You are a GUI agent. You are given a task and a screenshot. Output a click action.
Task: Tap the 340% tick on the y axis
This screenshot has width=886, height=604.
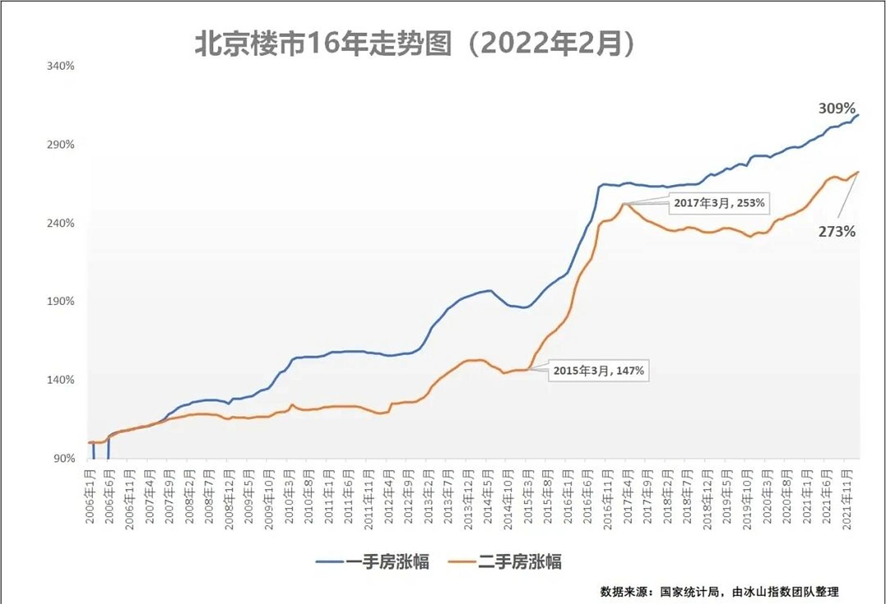[x=60, y=66]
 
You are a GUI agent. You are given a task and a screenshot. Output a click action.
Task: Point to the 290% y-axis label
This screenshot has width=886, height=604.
[x=60, y=144]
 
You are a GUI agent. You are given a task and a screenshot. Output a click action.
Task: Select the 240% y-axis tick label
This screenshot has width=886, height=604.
[x=60, y=223]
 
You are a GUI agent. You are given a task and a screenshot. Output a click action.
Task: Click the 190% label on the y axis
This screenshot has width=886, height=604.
[x=60, y=301]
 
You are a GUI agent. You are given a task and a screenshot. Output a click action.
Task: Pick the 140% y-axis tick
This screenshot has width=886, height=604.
[x=60, y=380]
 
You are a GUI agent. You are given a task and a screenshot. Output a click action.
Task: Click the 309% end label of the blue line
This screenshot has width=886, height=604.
[x=836, y=109]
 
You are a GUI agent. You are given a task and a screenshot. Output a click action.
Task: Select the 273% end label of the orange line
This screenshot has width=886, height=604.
[x=836, y=232]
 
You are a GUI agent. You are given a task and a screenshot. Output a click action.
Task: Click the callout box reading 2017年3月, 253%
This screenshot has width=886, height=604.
[x=719, y=203]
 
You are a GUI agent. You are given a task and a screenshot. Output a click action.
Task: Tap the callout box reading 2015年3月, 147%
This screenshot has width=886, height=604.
[x=598, y=371]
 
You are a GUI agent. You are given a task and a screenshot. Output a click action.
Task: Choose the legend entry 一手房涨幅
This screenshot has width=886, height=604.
[x=373, y=562]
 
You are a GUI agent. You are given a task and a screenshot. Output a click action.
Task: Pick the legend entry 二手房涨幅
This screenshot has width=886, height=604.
[x=505, y=562]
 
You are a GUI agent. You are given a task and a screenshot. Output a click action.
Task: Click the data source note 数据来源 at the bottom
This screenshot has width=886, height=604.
[x=719, y=592]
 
